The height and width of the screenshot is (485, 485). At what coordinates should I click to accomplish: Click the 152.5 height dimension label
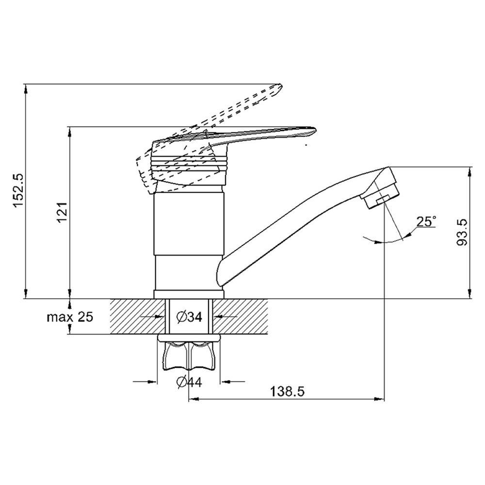(18, 191)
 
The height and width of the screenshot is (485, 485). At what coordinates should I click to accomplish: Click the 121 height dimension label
(62, 213)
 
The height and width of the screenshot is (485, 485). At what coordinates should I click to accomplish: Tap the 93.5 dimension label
(462, 232)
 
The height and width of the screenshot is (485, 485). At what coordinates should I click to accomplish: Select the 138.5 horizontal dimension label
(287, 391)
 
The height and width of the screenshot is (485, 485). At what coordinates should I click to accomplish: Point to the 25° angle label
(426, 222)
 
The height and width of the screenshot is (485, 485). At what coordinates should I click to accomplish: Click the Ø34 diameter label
(189, 317)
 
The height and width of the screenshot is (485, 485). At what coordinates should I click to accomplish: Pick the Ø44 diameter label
(189, 382)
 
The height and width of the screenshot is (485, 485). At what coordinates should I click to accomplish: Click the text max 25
(70, 317)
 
